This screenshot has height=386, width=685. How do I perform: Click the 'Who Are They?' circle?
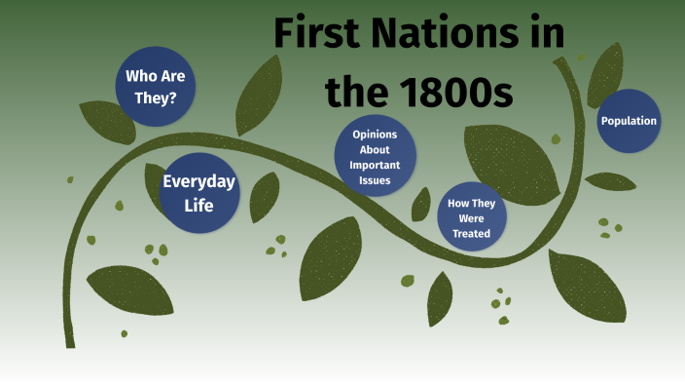157,85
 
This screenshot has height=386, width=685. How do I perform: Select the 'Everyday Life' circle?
198,193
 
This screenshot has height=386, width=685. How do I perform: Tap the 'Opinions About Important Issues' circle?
376,156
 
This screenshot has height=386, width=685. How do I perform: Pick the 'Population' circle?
629,121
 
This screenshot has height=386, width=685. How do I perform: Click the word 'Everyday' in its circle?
198,181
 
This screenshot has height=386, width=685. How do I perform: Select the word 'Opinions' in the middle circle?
376,135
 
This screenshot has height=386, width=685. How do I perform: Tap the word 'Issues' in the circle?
376,180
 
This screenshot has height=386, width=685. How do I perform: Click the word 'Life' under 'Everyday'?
198,206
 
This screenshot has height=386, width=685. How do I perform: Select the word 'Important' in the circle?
376,165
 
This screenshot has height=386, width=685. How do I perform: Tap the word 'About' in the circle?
376,150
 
